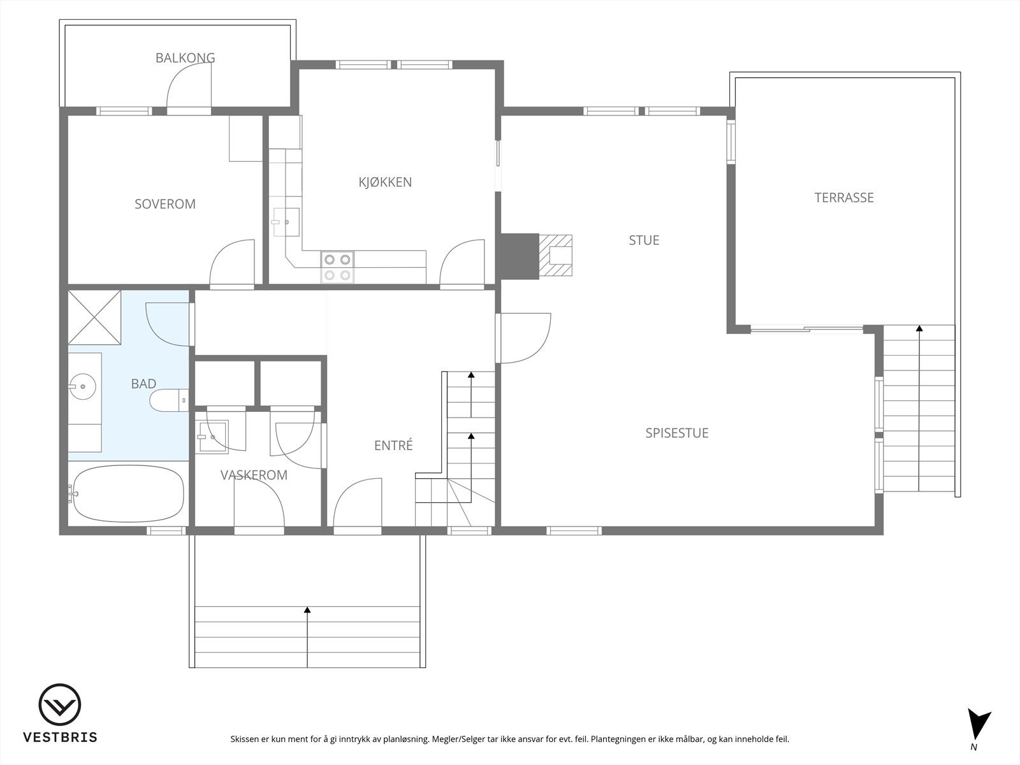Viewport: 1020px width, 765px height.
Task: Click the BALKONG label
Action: (185, 58)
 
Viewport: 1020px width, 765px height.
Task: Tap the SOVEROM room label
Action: (164, 204)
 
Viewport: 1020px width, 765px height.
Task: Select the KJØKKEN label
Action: (384, 182)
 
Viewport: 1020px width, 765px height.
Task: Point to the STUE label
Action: (644, 240)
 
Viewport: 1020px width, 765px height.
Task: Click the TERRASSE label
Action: (843, 198)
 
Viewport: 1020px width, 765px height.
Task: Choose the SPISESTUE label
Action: (676, 433)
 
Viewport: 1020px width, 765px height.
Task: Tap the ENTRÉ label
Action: (393, 446)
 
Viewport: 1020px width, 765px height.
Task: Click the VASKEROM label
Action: (254, 475)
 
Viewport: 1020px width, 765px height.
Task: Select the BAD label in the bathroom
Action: (143, 384)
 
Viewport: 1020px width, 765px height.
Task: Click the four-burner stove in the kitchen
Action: (337, 267)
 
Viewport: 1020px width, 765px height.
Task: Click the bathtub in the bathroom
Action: (128, 494)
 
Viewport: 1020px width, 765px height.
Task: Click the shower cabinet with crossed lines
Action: (94, 317)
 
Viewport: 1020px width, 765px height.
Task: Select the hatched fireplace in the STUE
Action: (556, 256)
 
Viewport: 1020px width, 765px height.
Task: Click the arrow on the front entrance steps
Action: (307, 610)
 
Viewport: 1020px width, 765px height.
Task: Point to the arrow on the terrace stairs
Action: (919, 329)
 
